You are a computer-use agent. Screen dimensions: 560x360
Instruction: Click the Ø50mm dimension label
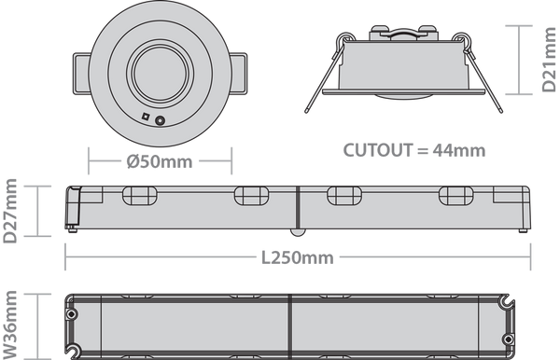click(x=160, y=161)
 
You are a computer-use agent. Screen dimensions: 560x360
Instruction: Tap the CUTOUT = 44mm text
click(x=414, y=150)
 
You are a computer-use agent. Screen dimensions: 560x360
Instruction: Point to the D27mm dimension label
click(x=9, y=211)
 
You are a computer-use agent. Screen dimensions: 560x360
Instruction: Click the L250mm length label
click(x=298, y=257)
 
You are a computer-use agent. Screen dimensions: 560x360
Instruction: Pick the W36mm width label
click(x=9, y=325)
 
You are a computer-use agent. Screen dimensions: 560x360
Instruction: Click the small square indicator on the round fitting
click(x=146, y=117)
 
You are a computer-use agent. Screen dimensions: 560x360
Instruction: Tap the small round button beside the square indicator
click(x=160, y=120)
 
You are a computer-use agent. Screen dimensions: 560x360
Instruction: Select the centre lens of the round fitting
click(x=160, y=73)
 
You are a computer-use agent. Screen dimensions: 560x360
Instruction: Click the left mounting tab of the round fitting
click(x=81, y=74)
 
